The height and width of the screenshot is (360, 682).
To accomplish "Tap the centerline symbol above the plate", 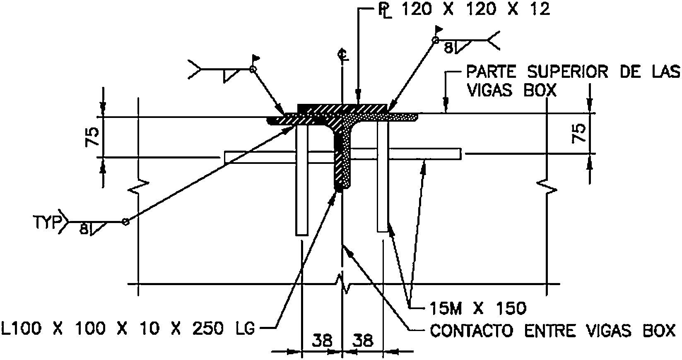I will [x=342, y=54].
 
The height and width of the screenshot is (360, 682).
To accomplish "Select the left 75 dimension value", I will [x=93, y=137].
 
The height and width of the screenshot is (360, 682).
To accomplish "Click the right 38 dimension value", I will [x=363, y=341].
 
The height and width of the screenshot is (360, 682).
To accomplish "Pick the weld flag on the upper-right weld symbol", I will [x=439, y=30].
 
